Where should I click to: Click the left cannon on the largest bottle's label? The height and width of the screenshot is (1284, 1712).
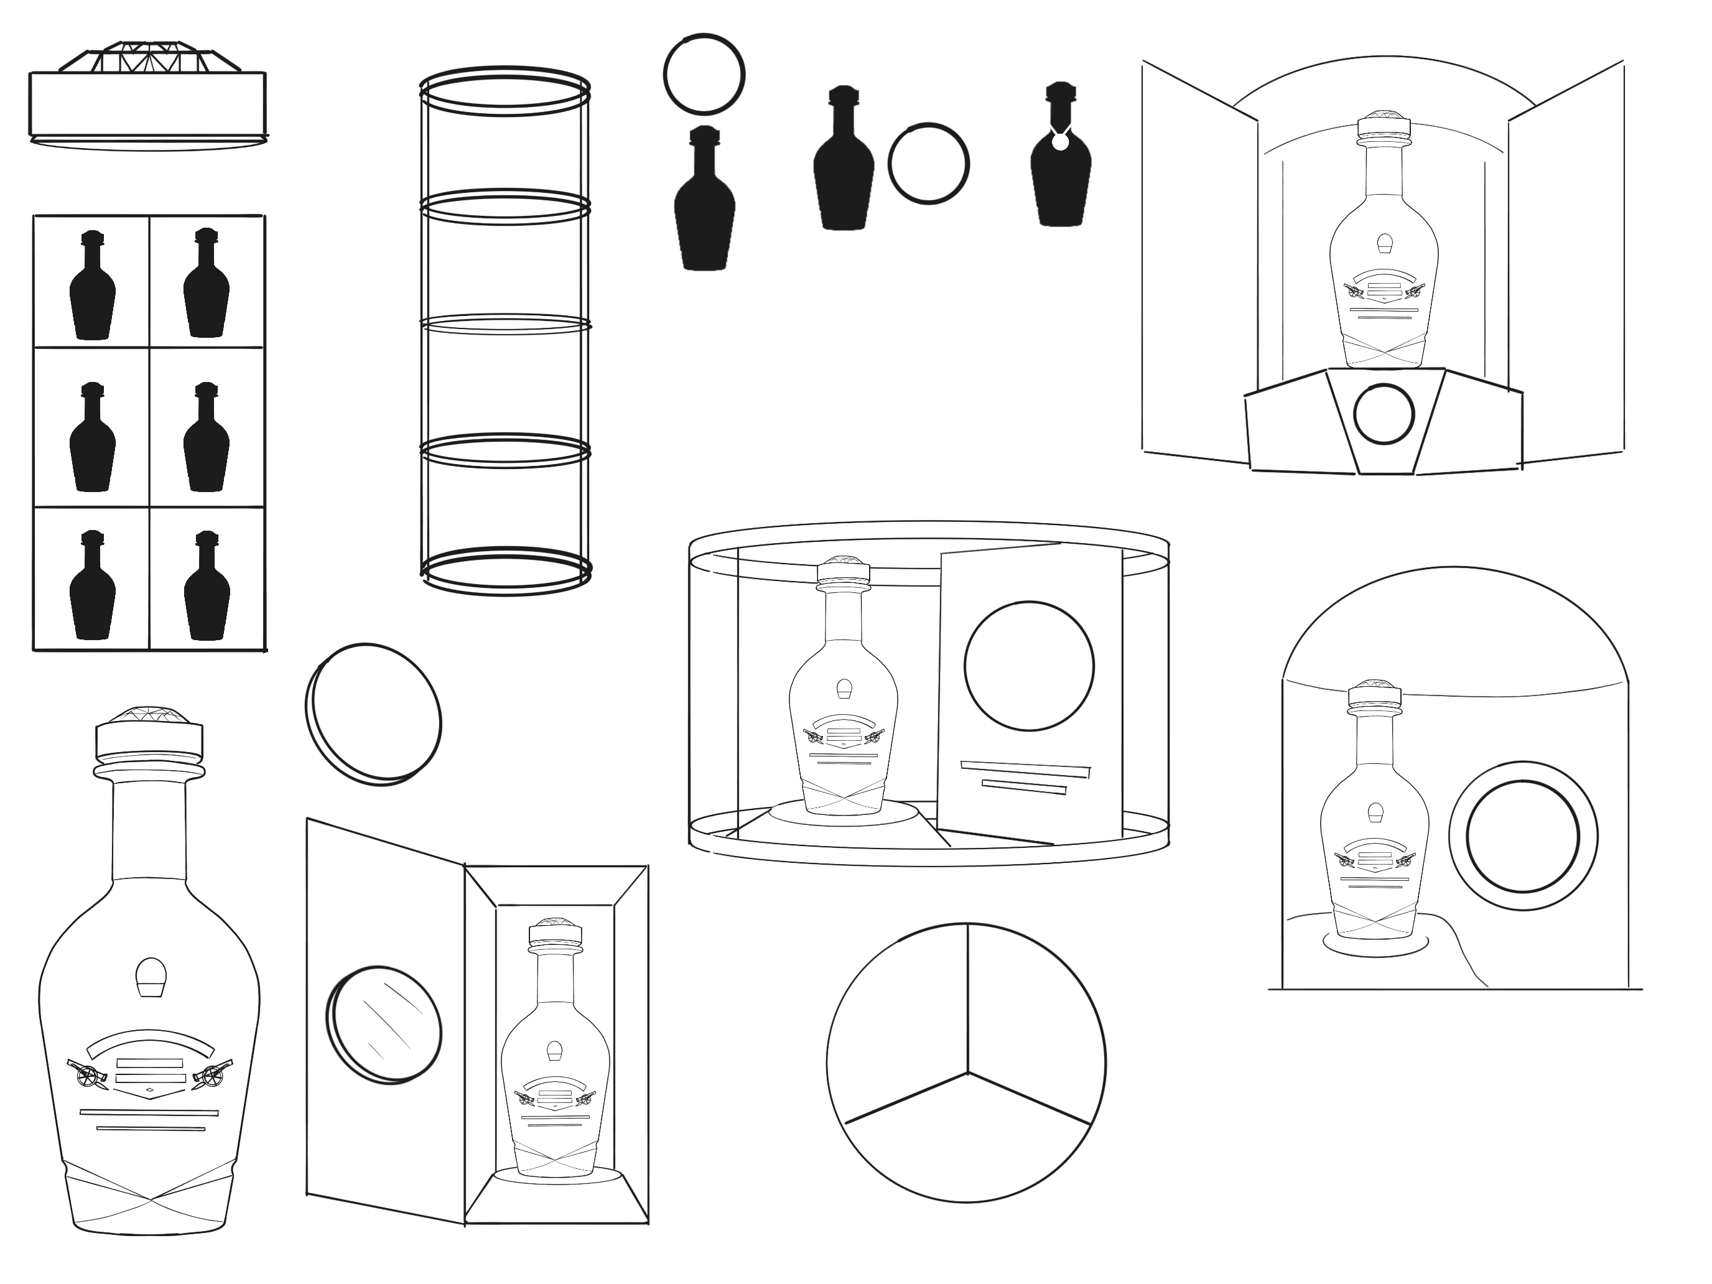[88, 1074]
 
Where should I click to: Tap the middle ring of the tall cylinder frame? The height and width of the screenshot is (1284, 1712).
[505, 323]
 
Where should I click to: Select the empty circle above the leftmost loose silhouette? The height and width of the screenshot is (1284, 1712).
[704, 74]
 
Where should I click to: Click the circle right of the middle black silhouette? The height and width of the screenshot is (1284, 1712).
[928, 164]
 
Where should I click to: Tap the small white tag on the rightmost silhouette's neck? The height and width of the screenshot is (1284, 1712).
[1060, 142]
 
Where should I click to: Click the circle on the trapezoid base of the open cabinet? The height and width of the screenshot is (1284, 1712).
[1384, 414]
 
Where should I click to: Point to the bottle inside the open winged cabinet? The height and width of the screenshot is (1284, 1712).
[1384, 256]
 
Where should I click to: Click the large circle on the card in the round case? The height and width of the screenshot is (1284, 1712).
[1028, 666]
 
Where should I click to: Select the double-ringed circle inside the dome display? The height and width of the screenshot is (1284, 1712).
[1522, 836]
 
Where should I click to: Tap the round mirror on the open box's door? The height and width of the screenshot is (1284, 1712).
[384, 1024]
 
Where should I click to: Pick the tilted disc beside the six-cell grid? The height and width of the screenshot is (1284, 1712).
[373, 714]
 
